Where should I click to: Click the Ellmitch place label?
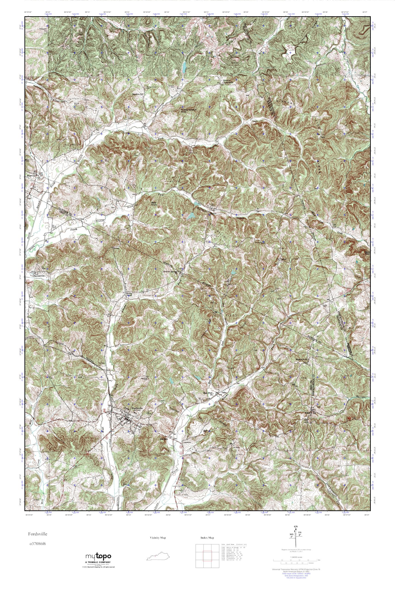click(x=163, y=439)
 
